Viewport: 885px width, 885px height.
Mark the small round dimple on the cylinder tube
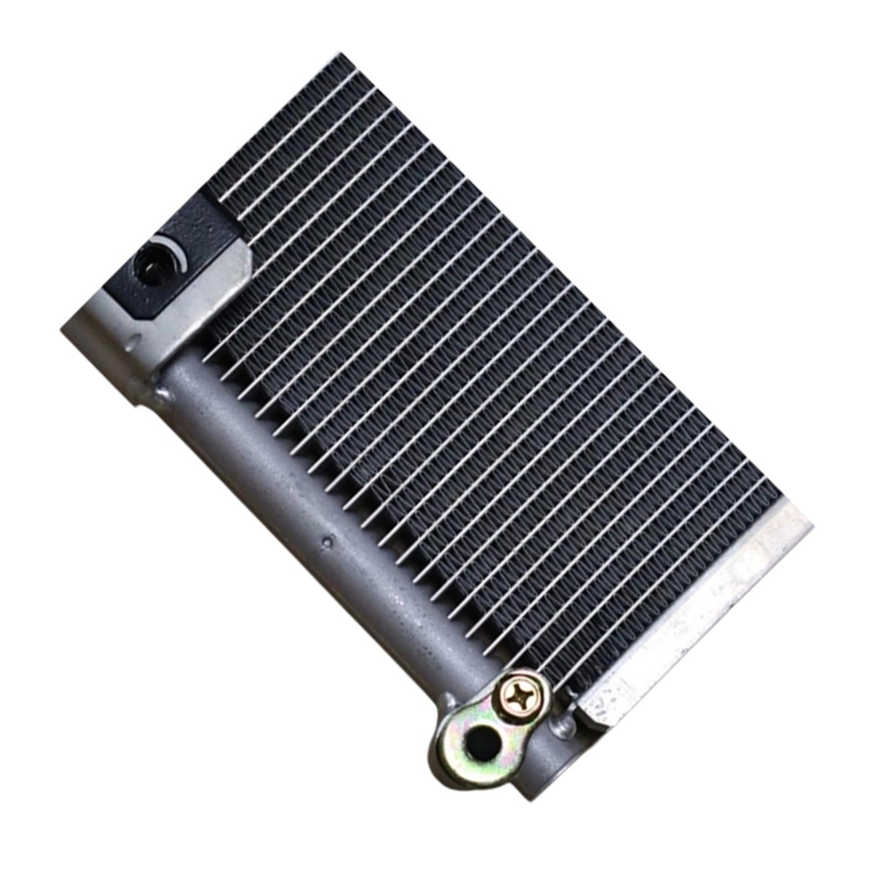pos(330,541)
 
